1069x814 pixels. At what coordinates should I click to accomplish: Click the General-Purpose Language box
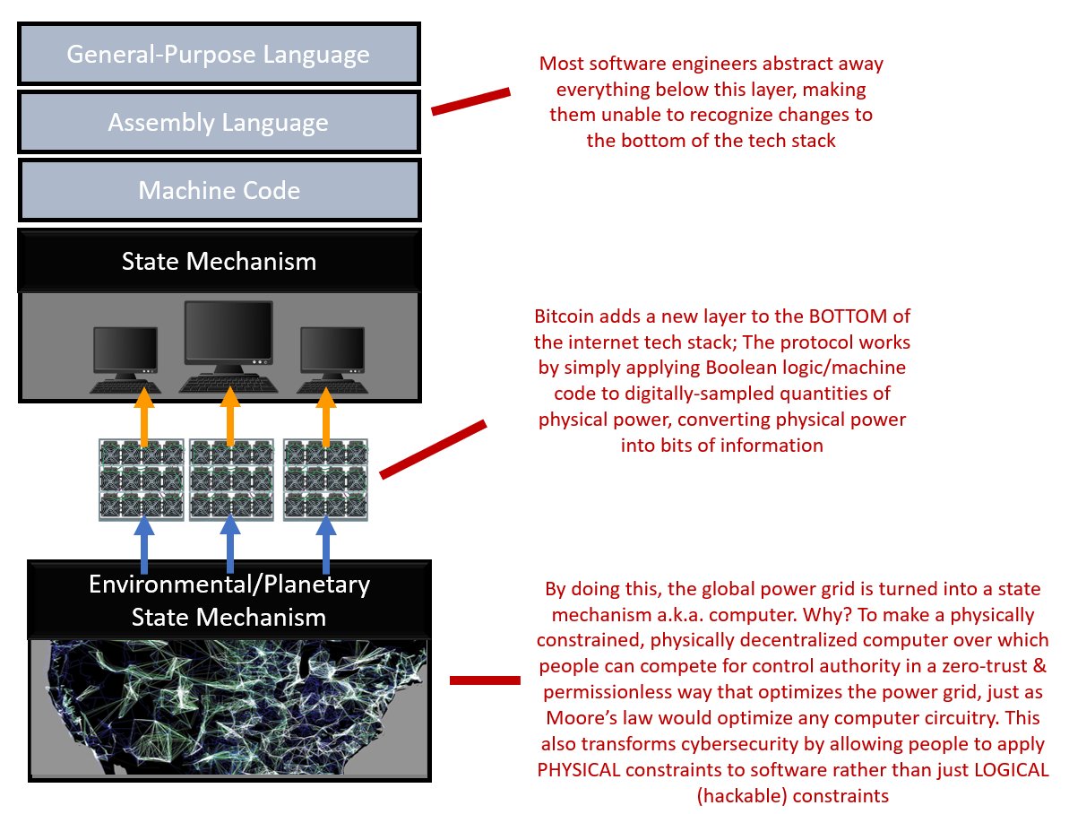pyautogui.click(x=219, y=55)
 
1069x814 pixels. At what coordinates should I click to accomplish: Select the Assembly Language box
pyautogui.click(x=219, y=122)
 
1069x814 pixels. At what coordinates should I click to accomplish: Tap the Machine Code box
pyautogui.click(x=219, y=190)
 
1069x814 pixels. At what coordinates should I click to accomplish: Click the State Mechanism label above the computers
pyautogui.click(x=219, y=261)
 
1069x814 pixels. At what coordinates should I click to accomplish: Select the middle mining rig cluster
pyautogui.click(x=230, y=480)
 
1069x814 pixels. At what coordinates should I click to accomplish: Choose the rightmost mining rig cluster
pyautogui.click(x=323, y=480)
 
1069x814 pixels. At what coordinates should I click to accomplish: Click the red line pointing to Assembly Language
pyautogui.click(x=470, y=101)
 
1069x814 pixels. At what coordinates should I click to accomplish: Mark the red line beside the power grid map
pyautogui.click(x=484, y=680)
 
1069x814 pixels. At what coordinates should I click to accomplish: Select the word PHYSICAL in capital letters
pyautogui.click(x=581, y=771)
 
